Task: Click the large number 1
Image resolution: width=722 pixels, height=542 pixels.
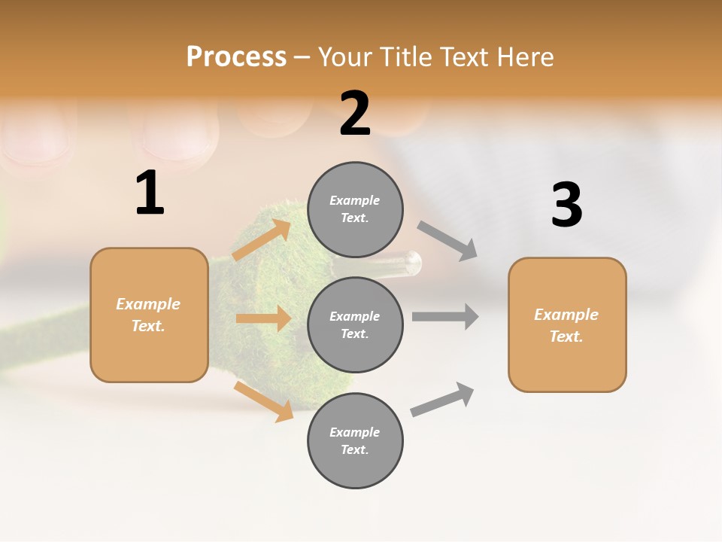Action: (x=150, y=193)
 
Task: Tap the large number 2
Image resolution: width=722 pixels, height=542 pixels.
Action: (x=355, y=114)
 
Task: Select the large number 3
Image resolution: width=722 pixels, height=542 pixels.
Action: (x=566, y=206)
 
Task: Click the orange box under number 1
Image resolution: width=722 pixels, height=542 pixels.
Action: (x=149, y=315)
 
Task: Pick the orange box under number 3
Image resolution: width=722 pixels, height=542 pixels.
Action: (x=567, y=325)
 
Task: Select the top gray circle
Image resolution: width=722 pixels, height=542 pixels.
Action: (x=355, y=209)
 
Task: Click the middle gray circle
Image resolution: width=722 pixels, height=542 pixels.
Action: (x=355, y=324)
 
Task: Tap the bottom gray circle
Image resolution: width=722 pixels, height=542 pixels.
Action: (x=355, y=440)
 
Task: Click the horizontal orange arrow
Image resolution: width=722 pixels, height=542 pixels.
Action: (x=263, y=318)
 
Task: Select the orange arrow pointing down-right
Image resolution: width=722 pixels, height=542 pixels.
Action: (x=264, y=401)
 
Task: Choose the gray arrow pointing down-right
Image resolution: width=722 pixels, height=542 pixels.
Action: (x=447, y=241)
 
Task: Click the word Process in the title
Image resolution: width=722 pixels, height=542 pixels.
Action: (x=236, y=56)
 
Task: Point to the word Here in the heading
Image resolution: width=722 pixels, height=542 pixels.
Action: (x=526, y=56)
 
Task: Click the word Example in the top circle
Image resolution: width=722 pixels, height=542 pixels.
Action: (x=355, y=200)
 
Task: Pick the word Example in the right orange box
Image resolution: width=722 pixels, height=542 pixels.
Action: (x=566, y=315)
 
